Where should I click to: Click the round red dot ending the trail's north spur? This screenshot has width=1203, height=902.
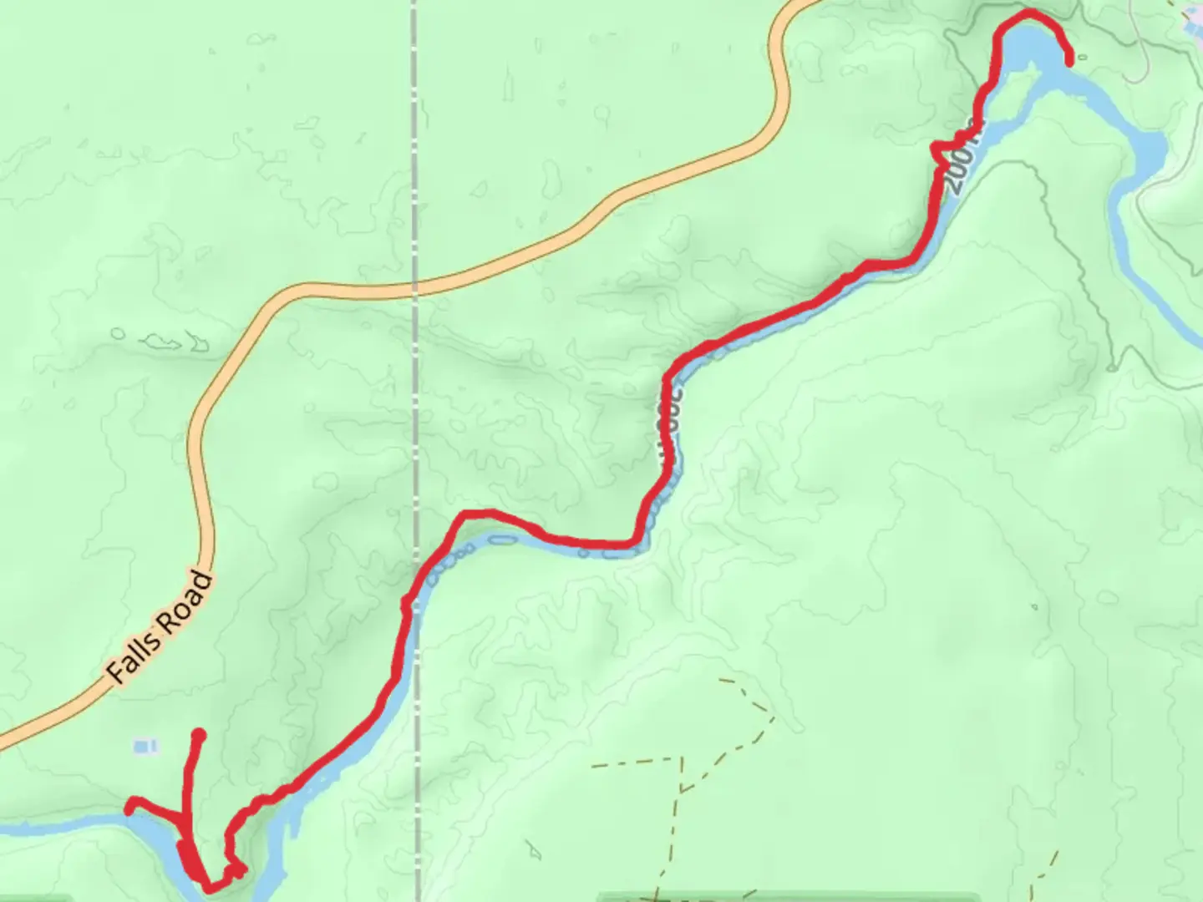[199, 735]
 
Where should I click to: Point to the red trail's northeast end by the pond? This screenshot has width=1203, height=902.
[1070, 59]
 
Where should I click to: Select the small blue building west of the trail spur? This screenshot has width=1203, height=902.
[145, 745]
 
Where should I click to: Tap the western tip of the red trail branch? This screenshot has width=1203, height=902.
[130, 808]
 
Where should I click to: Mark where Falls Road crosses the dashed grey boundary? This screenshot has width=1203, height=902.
[415, 289]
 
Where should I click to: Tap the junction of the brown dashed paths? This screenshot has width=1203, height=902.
[683, 788]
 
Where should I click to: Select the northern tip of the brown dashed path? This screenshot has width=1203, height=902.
[720, 680]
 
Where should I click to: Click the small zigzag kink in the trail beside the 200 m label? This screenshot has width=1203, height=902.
[940, 150]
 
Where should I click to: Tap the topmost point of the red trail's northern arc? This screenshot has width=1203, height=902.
[1028, 12]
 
